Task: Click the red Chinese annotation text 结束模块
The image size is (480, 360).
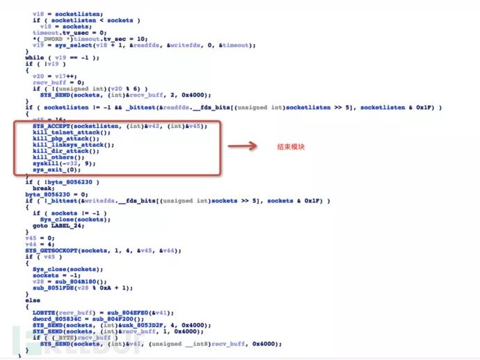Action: point(291,148)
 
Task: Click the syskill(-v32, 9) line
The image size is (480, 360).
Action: point(60,164)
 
